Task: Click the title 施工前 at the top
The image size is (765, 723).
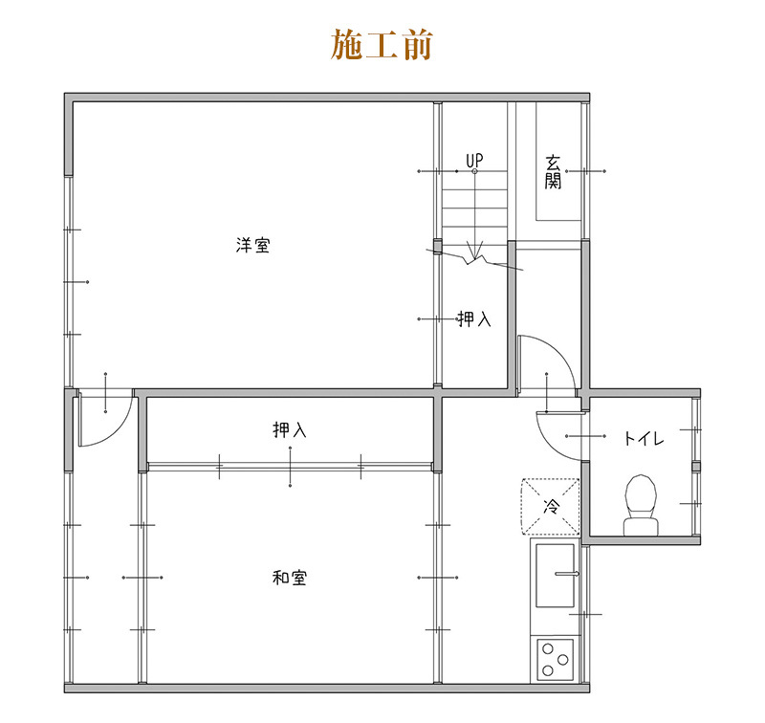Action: (x=382, y=44)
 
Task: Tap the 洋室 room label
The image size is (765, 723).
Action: (x=252, y=245)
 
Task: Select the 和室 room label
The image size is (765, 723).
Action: (x=290, y=578)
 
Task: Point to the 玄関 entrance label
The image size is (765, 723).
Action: (x=553, y=172)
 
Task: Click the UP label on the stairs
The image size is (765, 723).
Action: (x=474, y=161)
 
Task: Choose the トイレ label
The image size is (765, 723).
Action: (x=644, y=438)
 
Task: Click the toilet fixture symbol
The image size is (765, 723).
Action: (x=641, y=505)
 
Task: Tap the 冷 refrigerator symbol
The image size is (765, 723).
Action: (x=551, y=507)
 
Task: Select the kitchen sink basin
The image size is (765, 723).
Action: (x=556, y=576)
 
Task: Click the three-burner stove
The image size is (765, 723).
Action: (x=556, y=660)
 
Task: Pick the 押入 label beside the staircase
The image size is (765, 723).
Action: (x=473, y=319)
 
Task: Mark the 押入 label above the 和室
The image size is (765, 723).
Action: (x=290, y=429)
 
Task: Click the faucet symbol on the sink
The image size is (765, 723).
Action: (x=567, y=574)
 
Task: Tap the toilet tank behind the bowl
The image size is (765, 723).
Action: (x=641, y=527)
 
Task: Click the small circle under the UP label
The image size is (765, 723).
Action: (x=474, y=171)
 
